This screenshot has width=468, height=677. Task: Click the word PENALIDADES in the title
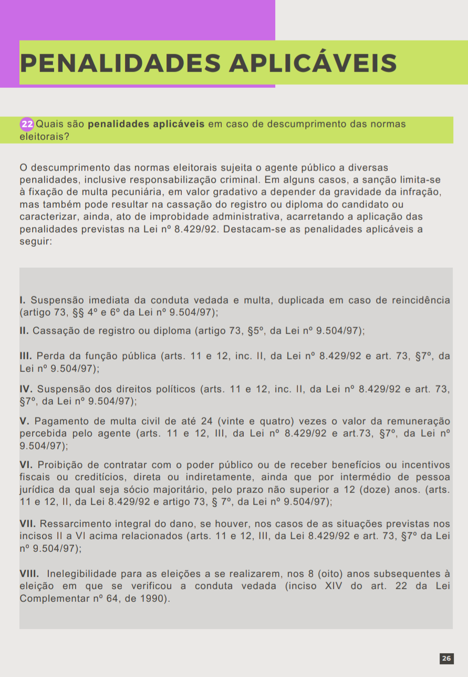tap(120, 63)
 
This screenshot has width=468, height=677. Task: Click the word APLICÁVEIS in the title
tap(313, 63)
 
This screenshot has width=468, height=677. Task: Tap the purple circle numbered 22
tap(27, 125)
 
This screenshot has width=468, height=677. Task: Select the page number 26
tap(446, 658)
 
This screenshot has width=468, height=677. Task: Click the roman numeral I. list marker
tap(23, 300)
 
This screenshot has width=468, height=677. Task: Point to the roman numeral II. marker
tap(24, 331)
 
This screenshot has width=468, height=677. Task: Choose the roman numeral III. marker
tap(25, 356)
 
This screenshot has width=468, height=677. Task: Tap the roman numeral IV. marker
tap(26, 389)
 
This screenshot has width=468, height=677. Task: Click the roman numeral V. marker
tap(24, 422)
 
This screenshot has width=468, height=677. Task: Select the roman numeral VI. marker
tap(26, 465)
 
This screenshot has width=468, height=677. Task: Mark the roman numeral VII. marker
tap(28, 524)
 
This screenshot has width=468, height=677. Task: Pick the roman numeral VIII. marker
tap(29, 573)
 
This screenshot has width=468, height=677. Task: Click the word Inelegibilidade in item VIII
tap(81, 573)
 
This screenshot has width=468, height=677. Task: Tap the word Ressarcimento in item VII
tap(73, 524)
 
